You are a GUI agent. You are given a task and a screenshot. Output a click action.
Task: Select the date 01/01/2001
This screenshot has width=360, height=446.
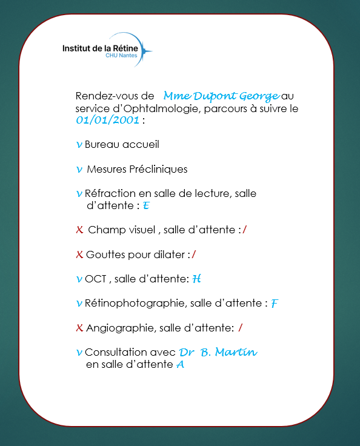click(x=107, y=120)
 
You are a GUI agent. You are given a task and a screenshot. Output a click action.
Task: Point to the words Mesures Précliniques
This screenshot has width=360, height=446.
click(x=137, y=169)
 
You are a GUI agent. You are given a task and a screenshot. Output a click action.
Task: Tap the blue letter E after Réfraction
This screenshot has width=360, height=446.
click(x=146, y=207)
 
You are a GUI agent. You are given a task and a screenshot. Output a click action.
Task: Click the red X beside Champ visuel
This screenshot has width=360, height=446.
click(x=79, y=230)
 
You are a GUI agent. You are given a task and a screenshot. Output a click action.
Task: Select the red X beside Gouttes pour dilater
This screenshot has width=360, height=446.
click(x=79, y=255)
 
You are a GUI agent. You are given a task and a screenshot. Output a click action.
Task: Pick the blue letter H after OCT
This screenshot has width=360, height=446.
click(x=196, y=279)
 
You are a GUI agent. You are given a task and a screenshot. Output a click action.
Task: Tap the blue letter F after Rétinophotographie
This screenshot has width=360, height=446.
click(x=275, y=304)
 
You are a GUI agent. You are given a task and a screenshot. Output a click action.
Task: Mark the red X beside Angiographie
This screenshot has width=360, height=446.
click(x=79, y=328)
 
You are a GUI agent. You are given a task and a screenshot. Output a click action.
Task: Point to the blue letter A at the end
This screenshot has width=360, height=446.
click(x=180, y=365)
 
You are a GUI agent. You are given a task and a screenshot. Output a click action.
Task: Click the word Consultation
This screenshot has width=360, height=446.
click(x=116, y=352)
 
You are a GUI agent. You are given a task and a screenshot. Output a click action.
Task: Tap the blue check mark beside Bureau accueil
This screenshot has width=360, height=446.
click(x=79, y=145)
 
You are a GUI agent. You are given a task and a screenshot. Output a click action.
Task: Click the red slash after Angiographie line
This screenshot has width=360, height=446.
click(x=241, y=328)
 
